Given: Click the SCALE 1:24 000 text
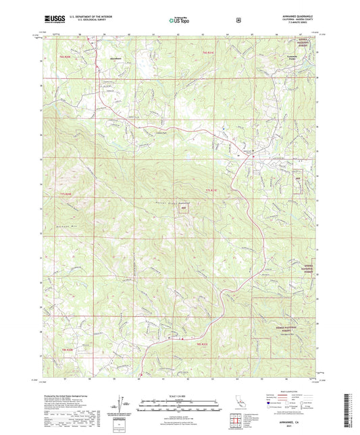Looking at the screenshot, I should [x=179, y=396].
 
